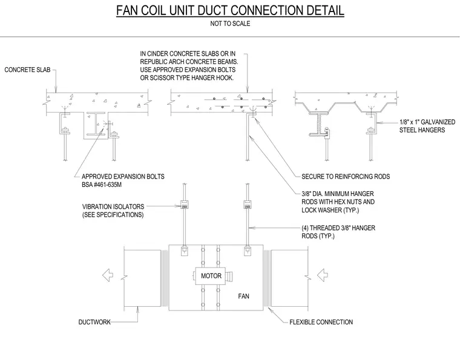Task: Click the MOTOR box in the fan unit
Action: [211, 276]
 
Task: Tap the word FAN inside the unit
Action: [243, 296]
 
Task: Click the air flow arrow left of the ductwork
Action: [108, 275]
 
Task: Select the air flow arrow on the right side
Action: [322, 275]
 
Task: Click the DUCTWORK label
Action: [94, 322]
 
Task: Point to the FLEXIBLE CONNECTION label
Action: [321, 322]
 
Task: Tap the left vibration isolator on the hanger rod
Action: [185, 205]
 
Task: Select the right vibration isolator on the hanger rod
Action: [248, 205]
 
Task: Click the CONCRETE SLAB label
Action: [27, 70]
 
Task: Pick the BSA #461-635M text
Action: [102, 185]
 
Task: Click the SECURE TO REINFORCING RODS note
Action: [346, 177]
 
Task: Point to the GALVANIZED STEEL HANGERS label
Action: [427, 126]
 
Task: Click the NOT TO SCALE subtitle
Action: [230, 24]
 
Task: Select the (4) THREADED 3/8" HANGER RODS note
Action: [338, 232]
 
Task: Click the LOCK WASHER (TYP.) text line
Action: [330, 210]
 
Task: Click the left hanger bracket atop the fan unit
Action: [185, 250]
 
